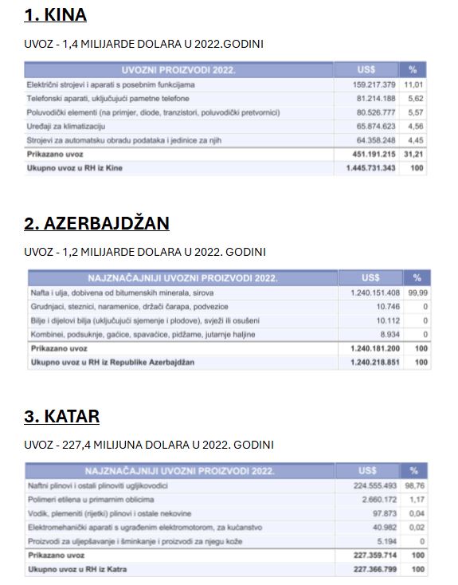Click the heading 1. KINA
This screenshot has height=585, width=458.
(x=55, y=15)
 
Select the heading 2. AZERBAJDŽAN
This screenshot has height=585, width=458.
(x=96, y=223)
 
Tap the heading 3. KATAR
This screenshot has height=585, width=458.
(x=61, y=416)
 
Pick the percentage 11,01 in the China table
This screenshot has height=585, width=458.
(x=413, y=84)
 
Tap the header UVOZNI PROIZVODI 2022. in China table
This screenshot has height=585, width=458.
(x=178, y=70)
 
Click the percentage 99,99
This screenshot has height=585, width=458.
(x=418, y=292)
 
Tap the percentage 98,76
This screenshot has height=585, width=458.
(x=414, y=485)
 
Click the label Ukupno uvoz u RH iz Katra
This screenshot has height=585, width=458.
(x=76, y=569)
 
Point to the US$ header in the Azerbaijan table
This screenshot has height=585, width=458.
(x=370, y=278)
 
